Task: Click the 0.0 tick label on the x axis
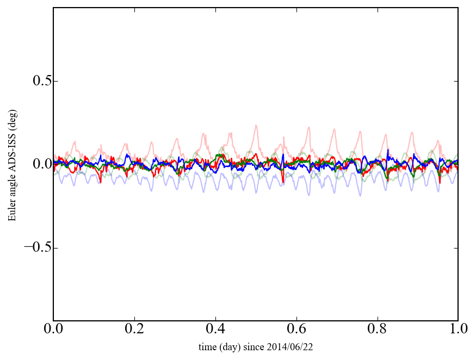pos(53,330)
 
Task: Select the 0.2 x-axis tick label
pos(134,330)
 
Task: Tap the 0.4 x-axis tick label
pos(215,330)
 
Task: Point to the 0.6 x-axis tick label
pos(296,330)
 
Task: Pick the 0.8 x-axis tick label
pos(377,330)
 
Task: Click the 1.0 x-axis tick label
pos(458,330)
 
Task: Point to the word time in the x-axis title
pos(207,346)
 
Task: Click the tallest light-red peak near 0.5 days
pos(256,126)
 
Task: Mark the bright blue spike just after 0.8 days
pos(388,150)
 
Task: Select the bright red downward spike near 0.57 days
pos(283,182)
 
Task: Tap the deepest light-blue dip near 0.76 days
pos(360,195)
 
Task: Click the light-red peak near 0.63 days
pos(309,128)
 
